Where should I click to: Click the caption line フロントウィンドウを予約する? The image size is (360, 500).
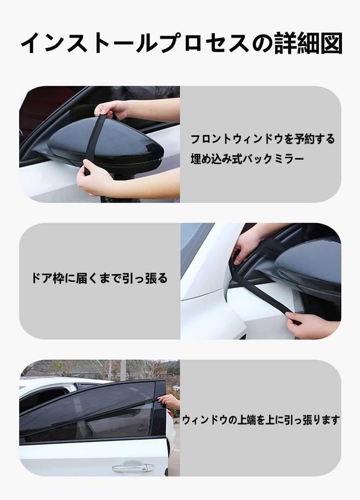click(262, 139)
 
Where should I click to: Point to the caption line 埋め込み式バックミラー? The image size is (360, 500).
click(247, 160)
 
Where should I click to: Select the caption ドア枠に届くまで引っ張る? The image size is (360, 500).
click(99, 278)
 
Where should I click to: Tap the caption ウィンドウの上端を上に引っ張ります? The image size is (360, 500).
click(261, 420)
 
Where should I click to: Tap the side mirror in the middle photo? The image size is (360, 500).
click(310, 266)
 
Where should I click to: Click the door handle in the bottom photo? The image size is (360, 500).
click(132, 467)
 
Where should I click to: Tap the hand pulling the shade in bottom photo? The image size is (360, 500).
click(169, 401)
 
